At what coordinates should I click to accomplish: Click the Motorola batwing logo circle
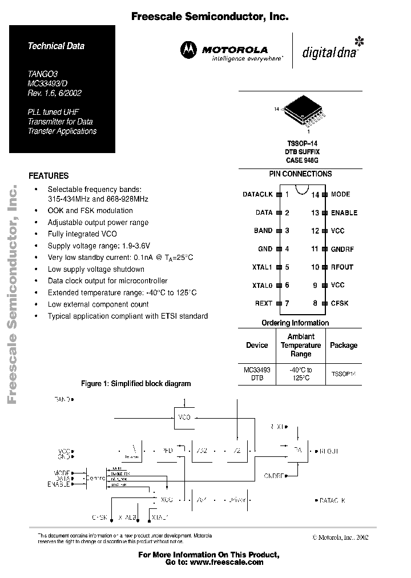tap(189, 51)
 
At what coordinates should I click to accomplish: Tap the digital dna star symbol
tap(359, 42)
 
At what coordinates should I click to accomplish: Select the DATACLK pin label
tap(258, 195)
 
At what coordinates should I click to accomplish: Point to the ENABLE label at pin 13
tap(344, 213)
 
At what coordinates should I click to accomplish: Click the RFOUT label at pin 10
tap(342, 267)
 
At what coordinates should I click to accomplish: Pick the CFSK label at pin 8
tap(340, 303)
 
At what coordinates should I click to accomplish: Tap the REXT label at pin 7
tap(263, 303)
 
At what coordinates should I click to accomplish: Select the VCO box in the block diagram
tap(184, 417)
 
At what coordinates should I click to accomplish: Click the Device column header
tap(257, 345)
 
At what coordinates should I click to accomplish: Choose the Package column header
tap(344, 345)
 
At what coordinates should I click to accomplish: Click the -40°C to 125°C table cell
tap(301, 374)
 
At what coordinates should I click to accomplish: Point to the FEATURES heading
tap(49, 176)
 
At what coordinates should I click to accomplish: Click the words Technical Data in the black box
tap(56, 46)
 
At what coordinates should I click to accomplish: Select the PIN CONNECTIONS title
tap(300, 174)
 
